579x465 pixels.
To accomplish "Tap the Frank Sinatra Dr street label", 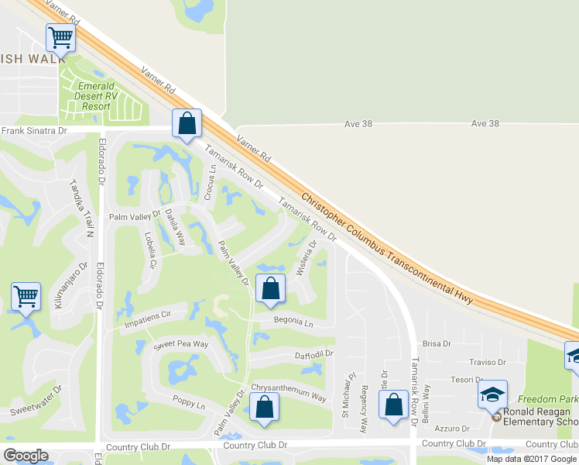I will (34, 131).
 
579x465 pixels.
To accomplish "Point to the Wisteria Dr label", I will (307, 256).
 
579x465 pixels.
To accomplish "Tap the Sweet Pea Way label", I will (181, 343).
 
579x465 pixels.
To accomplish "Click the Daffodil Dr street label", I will (313, 353).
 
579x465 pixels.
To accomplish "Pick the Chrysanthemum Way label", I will (288, 391).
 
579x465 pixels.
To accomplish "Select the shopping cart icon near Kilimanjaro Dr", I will (26, 296).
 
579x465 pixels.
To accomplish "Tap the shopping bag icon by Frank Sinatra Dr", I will (187, 123).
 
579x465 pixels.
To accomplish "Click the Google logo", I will (26, 456).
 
